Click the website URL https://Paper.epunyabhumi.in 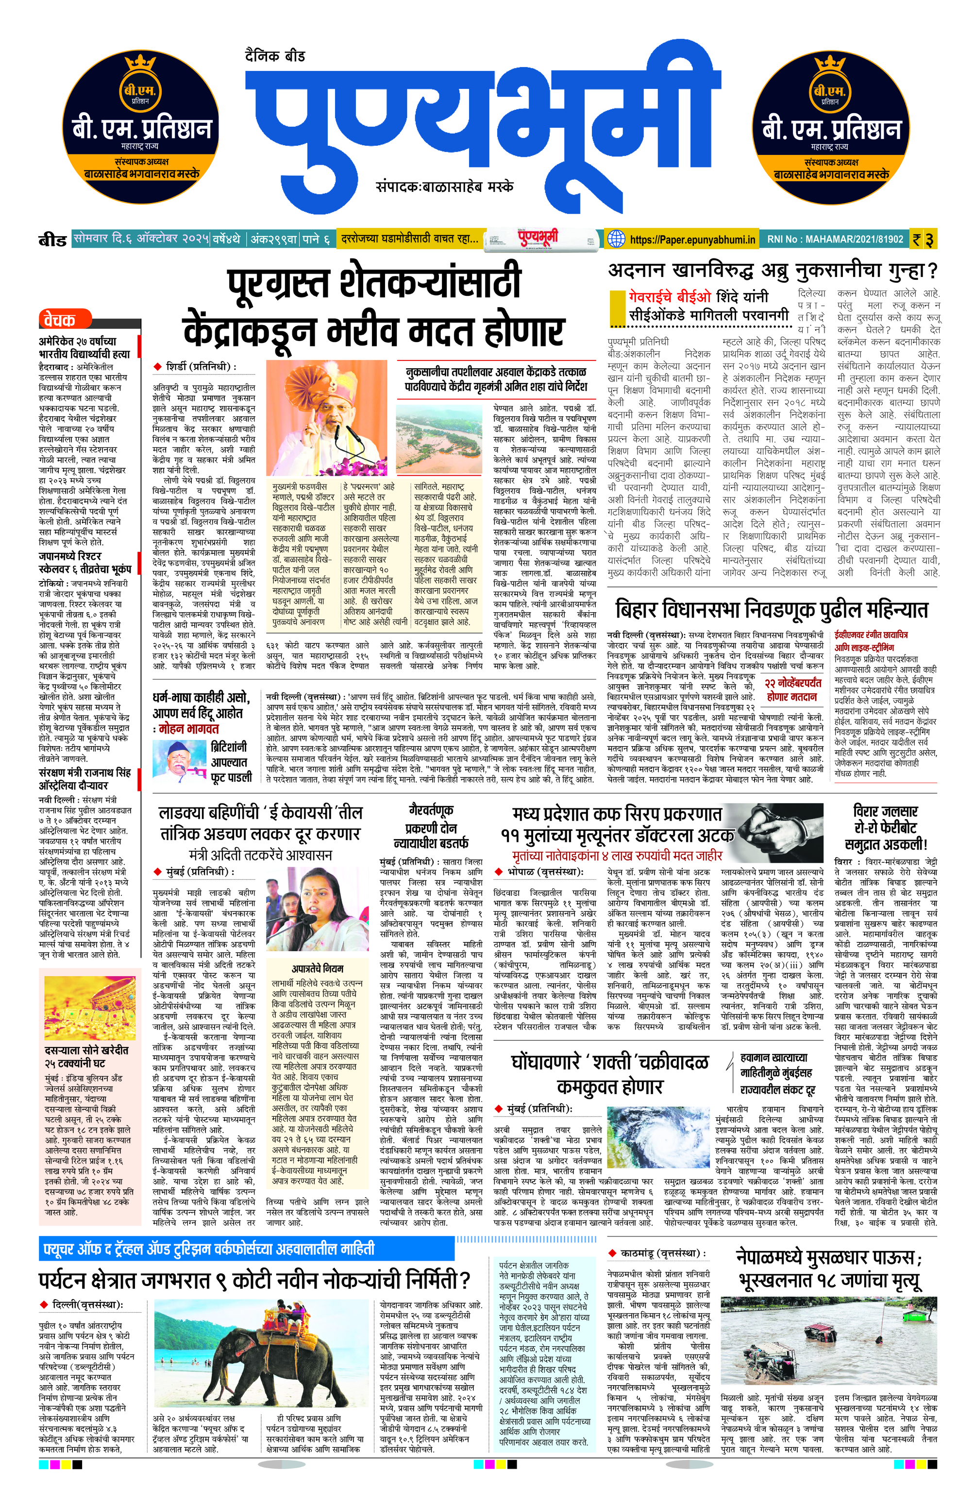click(x=692, y=239)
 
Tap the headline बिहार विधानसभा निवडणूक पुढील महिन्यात click(x=772, y=609)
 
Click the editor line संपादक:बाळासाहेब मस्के click(x=444, y=186)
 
